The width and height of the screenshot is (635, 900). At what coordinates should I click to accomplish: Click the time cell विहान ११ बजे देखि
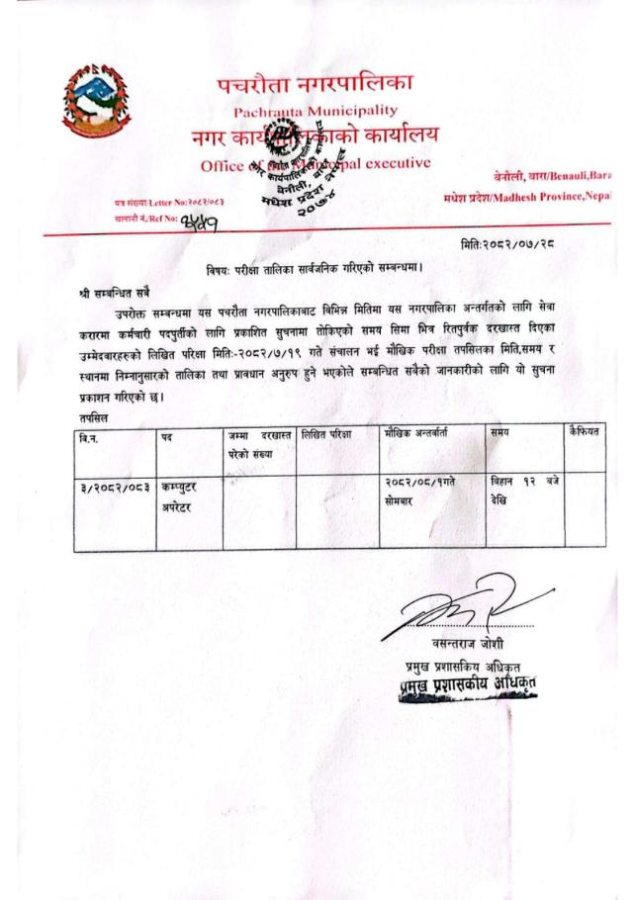(524, 494)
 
